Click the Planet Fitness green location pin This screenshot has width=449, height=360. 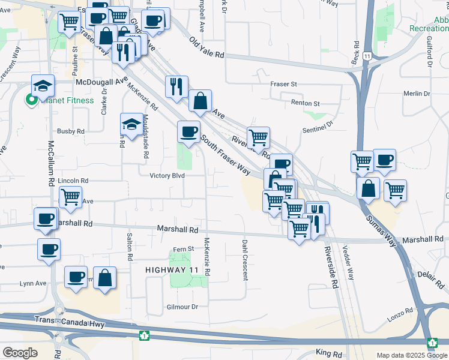30,100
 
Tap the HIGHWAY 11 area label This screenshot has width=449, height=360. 170,271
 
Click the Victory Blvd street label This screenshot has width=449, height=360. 167,176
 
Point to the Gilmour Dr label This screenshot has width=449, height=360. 181,307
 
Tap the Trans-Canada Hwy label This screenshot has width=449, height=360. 70,325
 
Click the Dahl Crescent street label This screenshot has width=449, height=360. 245,260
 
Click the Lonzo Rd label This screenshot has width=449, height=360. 400,311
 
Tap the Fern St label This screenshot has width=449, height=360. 183,248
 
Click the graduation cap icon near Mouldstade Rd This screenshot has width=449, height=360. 132,124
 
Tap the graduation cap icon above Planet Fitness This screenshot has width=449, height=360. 43,86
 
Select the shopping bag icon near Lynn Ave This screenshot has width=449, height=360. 104,277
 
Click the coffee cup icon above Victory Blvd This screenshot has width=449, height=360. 188,131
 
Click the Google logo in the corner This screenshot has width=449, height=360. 20,353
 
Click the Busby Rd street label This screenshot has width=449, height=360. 71,131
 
